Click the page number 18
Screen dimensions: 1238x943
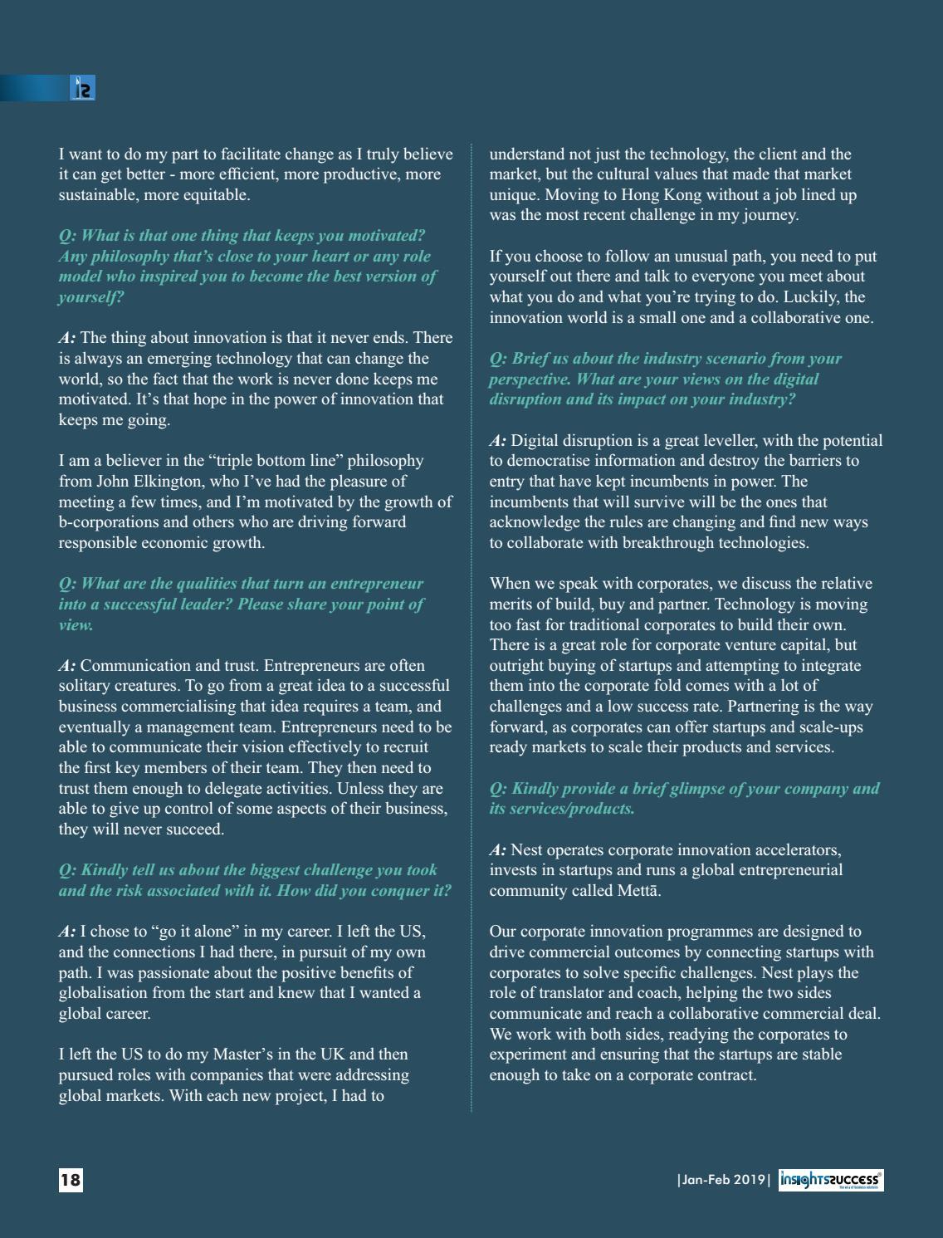point(71,1179)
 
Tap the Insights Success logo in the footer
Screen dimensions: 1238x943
point(831,1180)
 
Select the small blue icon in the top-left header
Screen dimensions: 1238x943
point(83,88)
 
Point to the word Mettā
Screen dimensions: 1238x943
point(638,891)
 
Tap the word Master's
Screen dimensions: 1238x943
point(242,1055)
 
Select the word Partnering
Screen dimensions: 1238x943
point(775,707)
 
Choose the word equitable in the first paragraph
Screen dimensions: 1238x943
point(211,195)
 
